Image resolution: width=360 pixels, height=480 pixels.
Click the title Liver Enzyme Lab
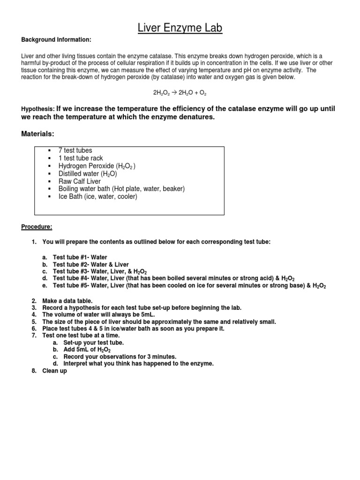180,29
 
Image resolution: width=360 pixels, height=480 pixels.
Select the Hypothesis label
38,109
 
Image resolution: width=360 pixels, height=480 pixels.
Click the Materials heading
38,134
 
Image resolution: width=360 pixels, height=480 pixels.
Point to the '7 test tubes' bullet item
75,150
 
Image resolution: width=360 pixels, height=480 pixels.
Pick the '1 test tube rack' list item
81,158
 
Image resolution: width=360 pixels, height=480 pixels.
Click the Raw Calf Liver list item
79,181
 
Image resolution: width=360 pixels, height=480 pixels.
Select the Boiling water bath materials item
121,188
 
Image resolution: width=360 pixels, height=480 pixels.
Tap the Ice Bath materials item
97,196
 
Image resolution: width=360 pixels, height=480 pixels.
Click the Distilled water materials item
87,173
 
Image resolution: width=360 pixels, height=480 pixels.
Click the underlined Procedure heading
37,227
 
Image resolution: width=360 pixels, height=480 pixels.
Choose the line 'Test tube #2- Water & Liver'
90,264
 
